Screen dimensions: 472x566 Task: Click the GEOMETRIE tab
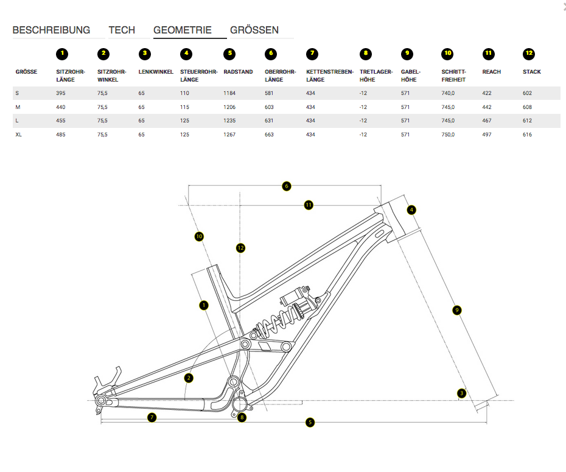tap(183, 30)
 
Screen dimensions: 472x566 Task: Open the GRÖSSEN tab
tap(254, 30)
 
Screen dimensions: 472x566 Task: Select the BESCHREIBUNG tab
tap(51, 30)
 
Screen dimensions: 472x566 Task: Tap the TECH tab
tap(122, 30)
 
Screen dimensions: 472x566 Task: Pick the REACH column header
tap(491, 72)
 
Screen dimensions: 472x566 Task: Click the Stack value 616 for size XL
tap(527, 135)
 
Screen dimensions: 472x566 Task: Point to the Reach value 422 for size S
tap(487, 93)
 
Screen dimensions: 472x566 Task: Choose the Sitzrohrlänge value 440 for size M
tap(60, 107)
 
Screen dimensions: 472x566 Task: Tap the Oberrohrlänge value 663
tap(270, 135)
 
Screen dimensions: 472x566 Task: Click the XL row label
tap(19, 135)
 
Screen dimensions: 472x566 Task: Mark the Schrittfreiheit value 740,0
tap(448, 93)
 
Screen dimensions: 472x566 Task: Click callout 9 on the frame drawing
tap(458, 311)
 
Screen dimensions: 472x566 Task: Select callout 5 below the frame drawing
tap(310, 421)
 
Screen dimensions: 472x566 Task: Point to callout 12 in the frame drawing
tap(241, 248)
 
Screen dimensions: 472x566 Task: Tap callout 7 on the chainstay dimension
tap(152, 417)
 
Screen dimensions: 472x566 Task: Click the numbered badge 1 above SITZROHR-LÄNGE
tap(61, 54)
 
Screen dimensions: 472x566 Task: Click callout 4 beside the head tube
tap(411, 210)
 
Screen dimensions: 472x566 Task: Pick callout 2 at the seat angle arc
tap(189, 378)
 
